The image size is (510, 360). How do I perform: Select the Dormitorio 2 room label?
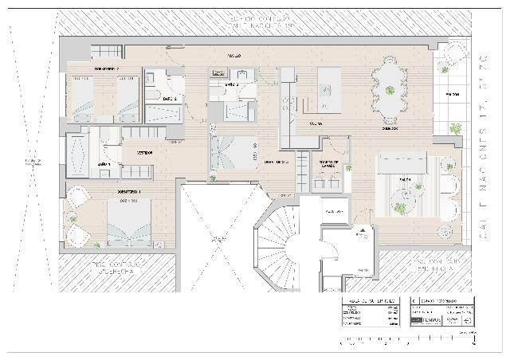pyautogui.click(x=107, y=69)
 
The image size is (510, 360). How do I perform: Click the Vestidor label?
pyautogui.click(x=144, y=151)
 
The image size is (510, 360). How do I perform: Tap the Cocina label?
pyautogui.click(x=315, y=124)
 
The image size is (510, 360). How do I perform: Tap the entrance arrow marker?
pyautogui.click(x=363, y=232)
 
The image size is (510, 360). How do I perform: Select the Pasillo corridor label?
pyautogui.click(x=234, y=55)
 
